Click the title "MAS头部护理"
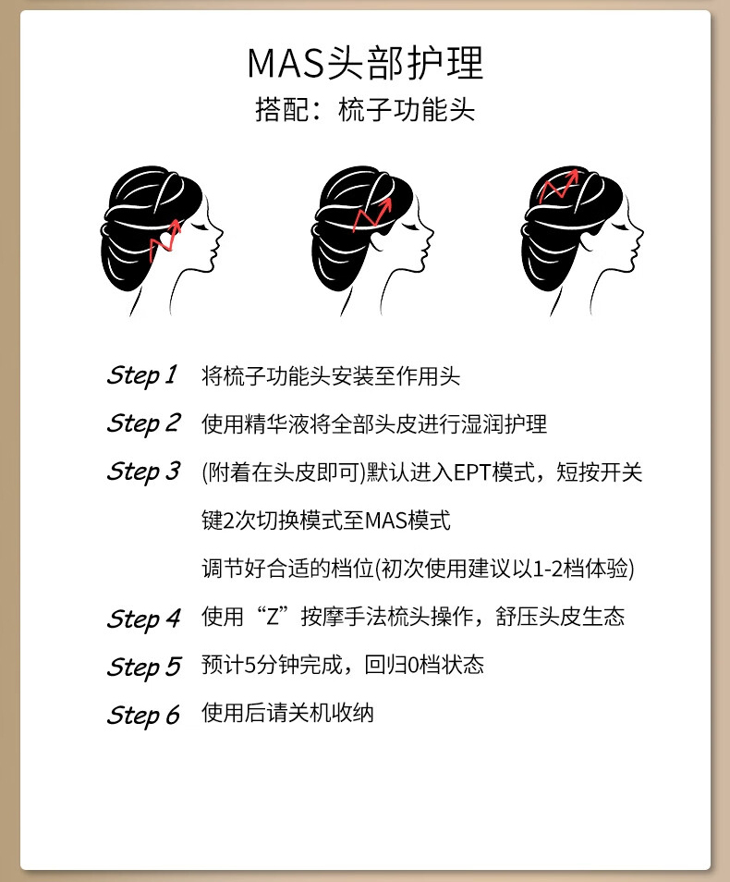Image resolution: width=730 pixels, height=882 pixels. coord(365,63)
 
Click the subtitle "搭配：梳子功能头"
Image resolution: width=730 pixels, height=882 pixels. coord(365,108)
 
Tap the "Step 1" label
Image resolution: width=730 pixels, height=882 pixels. coord(142,375)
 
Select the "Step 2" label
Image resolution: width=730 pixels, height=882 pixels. coord(143,423)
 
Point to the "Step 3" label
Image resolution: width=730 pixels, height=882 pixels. coord(143,472)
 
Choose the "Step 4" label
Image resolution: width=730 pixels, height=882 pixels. coord(143,619)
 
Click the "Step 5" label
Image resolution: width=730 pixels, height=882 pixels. coord(143,668)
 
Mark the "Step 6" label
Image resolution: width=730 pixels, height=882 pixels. coord(143,716)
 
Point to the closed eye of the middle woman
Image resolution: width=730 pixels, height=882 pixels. coord(409,227)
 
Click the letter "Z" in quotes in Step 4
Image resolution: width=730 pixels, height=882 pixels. coord(273,617)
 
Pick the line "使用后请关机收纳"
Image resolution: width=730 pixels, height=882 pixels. coord(287,713)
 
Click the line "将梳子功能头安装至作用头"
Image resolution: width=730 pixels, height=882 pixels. coord(331,376)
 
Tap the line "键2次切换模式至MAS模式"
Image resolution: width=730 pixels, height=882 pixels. coord(326,521)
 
